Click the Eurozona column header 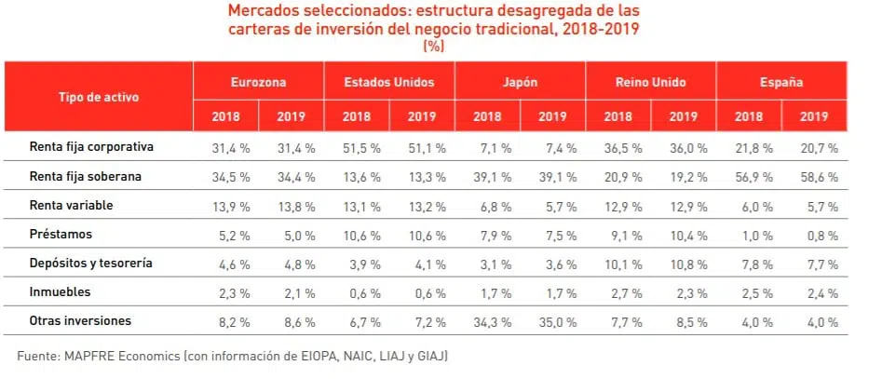pos(258,82)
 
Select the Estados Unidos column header pos(389,82)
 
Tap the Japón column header pos(520,82)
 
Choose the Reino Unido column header pos(650,82)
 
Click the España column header pos(780,82)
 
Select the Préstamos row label pos(61,234)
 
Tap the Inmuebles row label pos(61,291)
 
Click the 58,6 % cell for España pos(819,177)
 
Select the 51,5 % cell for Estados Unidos pos(356,148)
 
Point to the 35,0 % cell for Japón pos(552,322)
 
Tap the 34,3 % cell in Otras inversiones pos(487,322)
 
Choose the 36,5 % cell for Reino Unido pos(617,148)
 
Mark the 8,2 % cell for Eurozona pos(225,322)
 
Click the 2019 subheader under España pos(814,116)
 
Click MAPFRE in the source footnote pos(98,356)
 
